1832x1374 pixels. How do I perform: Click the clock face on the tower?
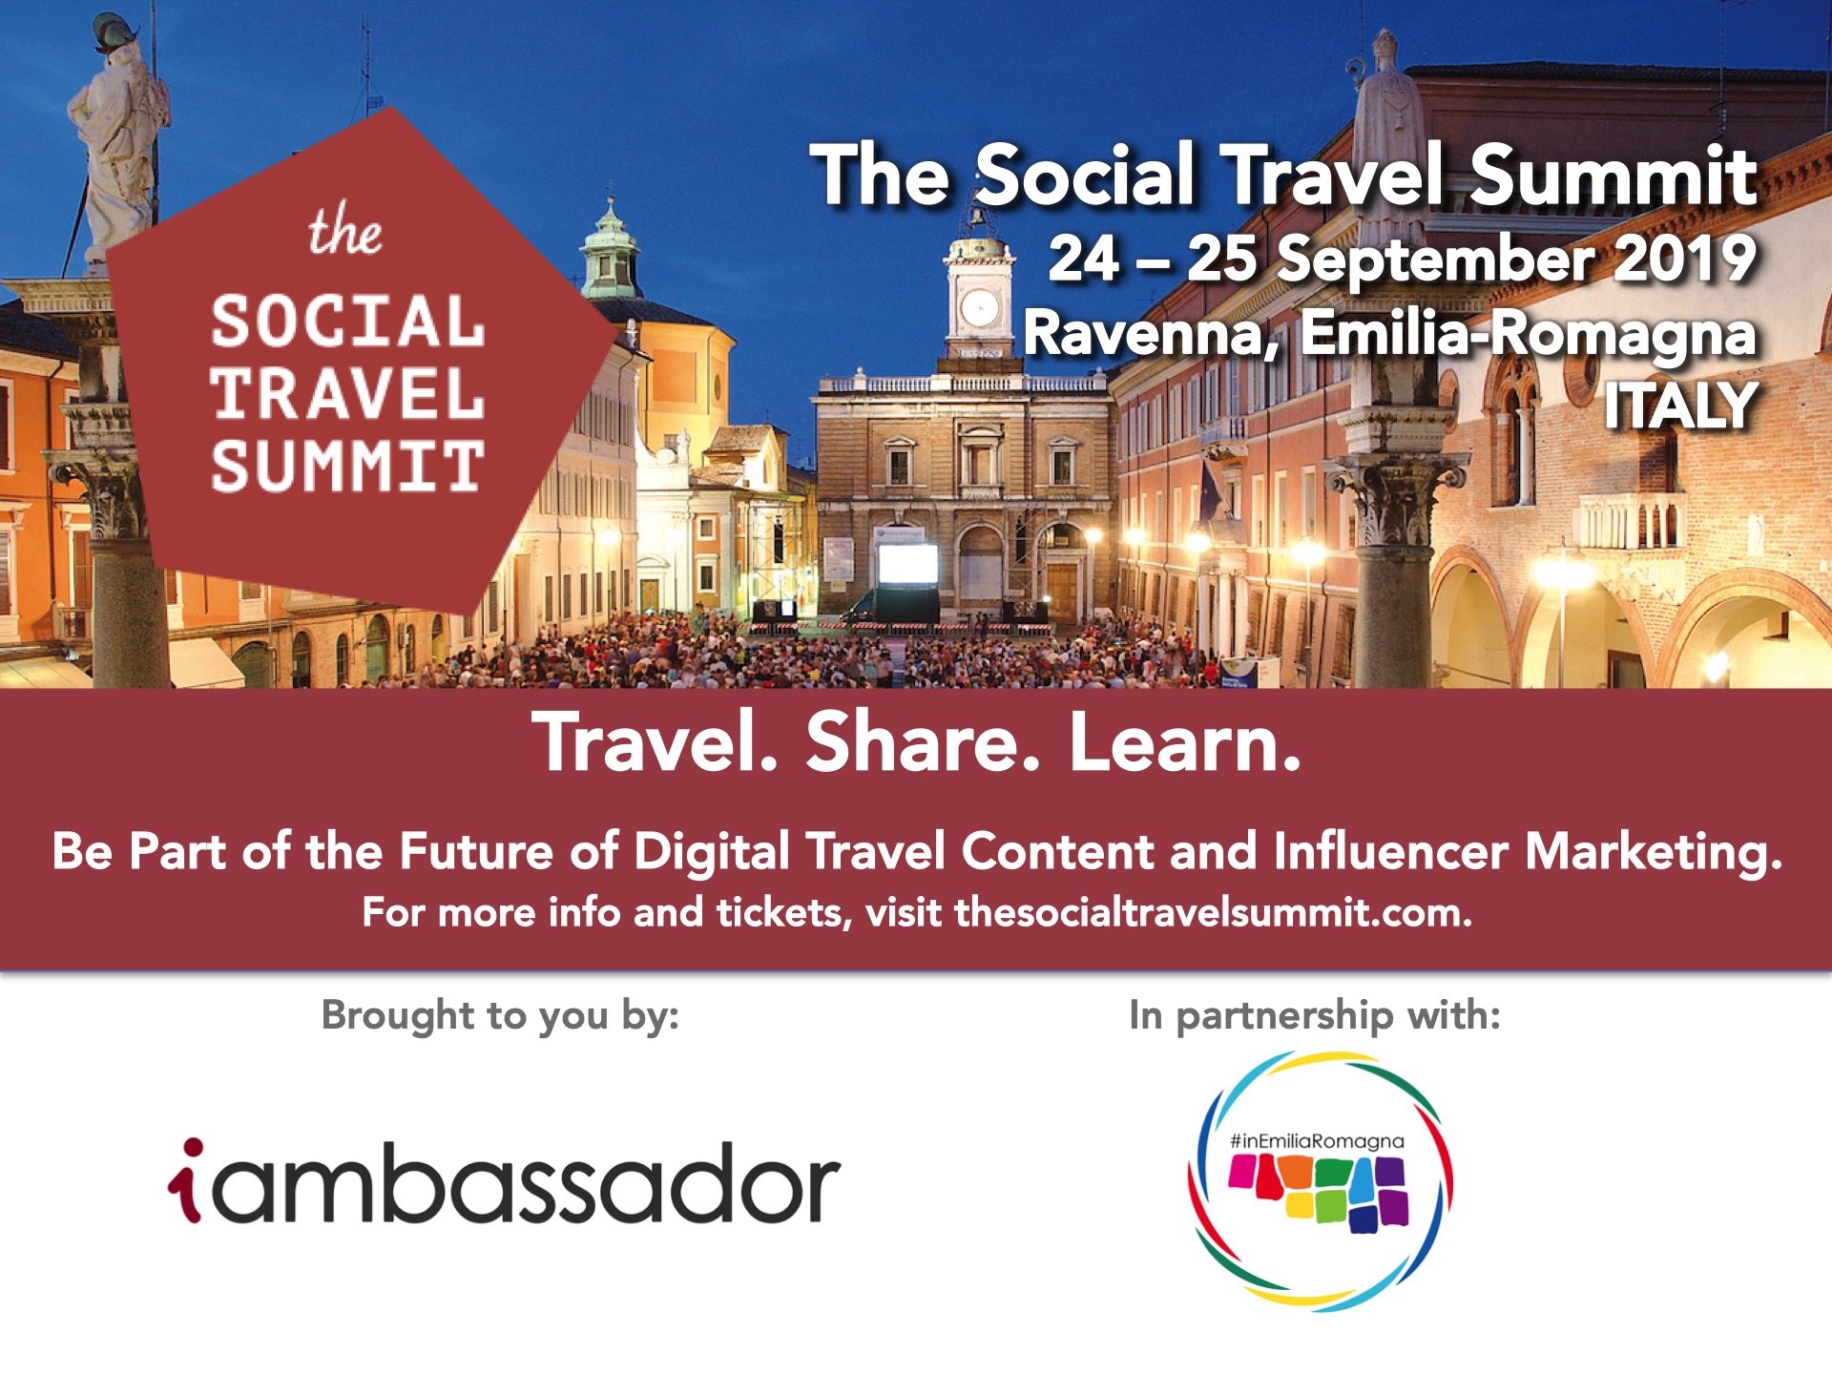pyautogui.click(x=979, y=308)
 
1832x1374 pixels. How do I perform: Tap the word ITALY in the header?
pyautogui.click(x=1680, y=406)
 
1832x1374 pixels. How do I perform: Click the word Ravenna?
pyautogui.click(x=1151, y=334)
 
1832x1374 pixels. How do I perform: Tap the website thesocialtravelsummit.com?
pyautogui.click(x=1213, y=912)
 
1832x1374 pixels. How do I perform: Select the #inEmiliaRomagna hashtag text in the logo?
pyautogui.click(x=1317, y=1141)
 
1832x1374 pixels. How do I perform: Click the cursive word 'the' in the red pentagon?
pyautogui.click(x=344, y=230)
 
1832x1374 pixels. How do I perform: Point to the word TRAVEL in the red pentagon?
pyautogui.click(x=347, y=394)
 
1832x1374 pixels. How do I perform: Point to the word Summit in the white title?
pyautogui.click(x=1613, y=175)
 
